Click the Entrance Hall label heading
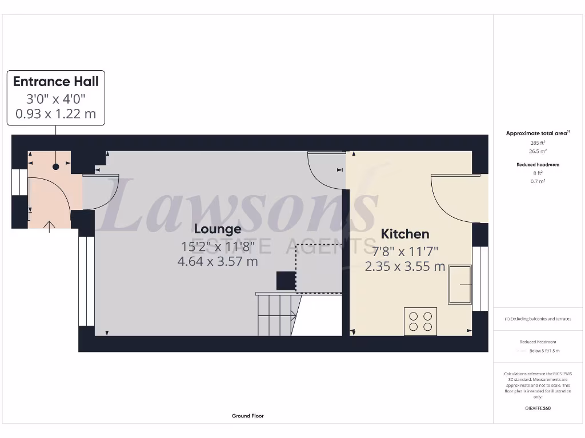pos(56,82)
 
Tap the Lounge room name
pos(218,229)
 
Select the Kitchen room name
pos(405,234)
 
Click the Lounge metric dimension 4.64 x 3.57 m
pos(218,262)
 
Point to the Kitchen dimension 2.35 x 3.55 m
pos(405,266)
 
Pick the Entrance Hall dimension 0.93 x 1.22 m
pos(56,113)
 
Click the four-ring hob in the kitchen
pos(420,321)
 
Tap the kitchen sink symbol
pos(460,284)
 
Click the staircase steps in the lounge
pos(275,315)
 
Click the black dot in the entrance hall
pos(56,167)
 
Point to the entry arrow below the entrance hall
pos(50,226)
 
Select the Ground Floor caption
pos(248,416)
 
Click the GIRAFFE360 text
pos(538,408)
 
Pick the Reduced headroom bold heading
pos(538,165)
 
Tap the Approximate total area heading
pos(537,133)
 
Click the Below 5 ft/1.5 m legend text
pos(545,351)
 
